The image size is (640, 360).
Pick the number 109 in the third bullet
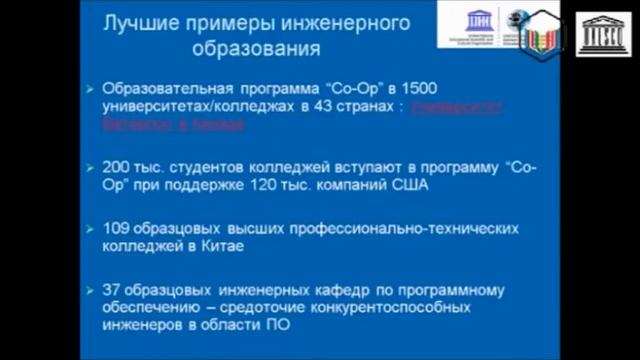(x=117, y=229)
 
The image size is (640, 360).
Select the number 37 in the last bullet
(x=112, y=290)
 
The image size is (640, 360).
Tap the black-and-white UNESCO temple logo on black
(x=606, y=33)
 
